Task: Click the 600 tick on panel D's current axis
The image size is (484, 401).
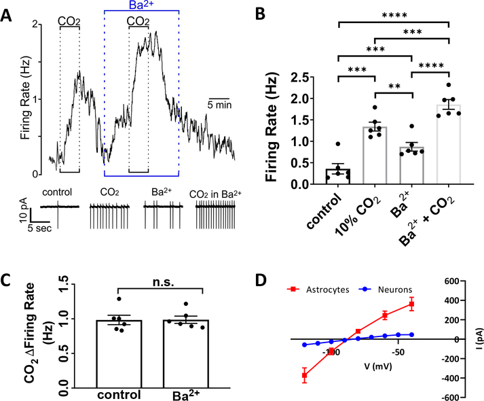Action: (455, 281)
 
